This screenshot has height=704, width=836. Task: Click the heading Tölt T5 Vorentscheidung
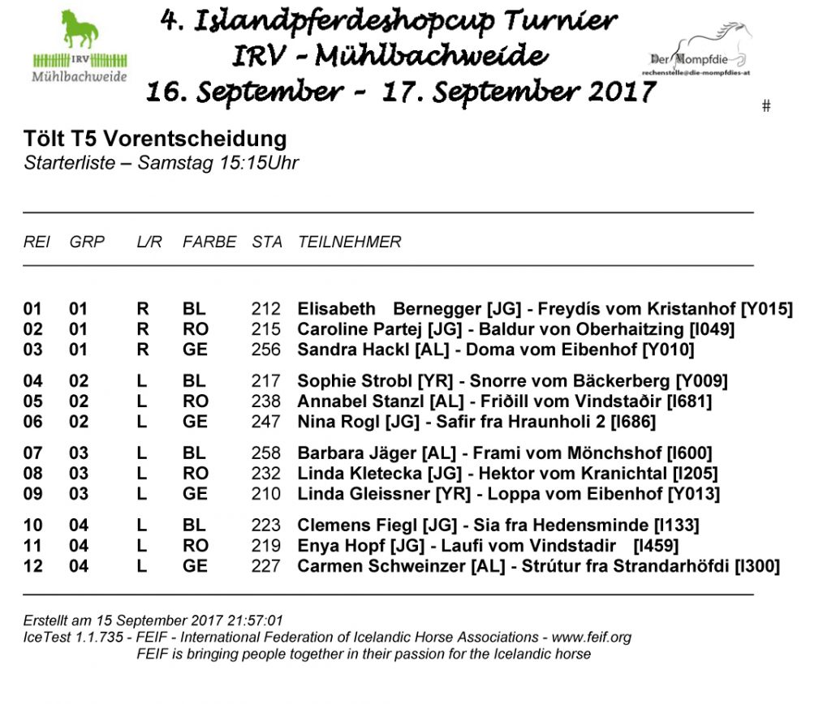(155, 139)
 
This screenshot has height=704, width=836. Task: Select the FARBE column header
(209, 242)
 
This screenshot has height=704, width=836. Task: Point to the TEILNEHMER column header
(350, 242)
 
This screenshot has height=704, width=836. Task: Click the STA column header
(267, 242)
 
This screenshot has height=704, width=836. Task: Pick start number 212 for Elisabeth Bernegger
(266, 309)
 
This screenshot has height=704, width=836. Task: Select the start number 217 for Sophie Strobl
(266, 381)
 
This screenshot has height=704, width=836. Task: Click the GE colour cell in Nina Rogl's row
(196, 422)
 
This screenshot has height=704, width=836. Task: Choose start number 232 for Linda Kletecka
(266, 473)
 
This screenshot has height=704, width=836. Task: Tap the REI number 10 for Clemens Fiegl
(32, 525)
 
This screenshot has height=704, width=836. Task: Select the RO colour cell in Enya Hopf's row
(196, 545)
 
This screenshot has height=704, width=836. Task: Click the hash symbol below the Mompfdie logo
(766, 106)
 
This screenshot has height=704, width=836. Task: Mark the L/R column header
(148, 242)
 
